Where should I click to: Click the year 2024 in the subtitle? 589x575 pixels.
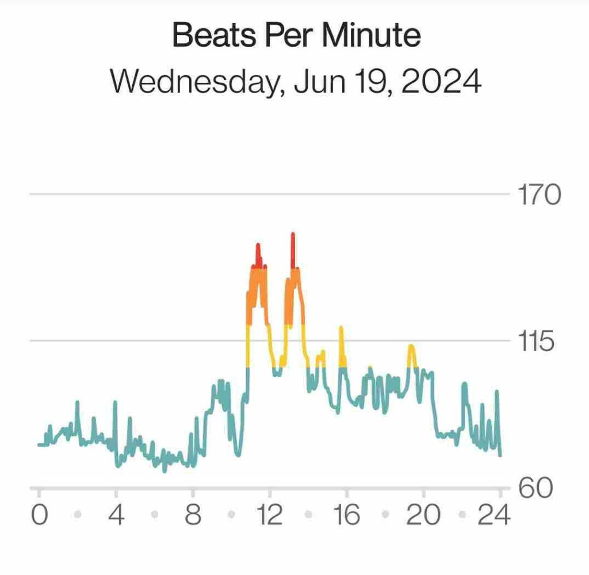tap(441, 82)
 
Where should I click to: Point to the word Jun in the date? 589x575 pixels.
tap(317, 82)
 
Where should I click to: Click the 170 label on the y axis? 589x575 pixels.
tap(539, 195)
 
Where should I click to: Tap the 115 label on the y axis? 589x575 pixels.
tap(537, 342)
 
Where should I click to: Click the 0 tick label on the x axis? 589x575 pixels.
tap(39, 515)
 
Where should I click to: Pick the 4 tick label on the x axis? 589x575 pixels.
tap(116, 515)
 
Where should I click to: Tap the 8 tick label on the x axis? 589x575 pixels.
tap(193, 515)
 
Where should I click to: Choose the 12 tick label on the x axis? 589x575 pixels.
tap(269, 515)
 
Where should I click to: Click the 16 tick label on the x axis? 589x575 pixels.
tap(346, 515)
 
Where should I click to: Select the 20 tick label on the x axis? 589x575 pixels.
tap(423, 515)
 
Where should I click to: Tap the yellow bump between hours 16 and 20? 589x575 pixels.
tap(411, 347)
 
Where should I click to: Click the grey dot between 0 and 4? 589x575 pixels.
tap(78, 515)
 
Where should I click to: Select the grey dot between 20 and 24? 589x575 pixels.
tap(462, 515)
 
